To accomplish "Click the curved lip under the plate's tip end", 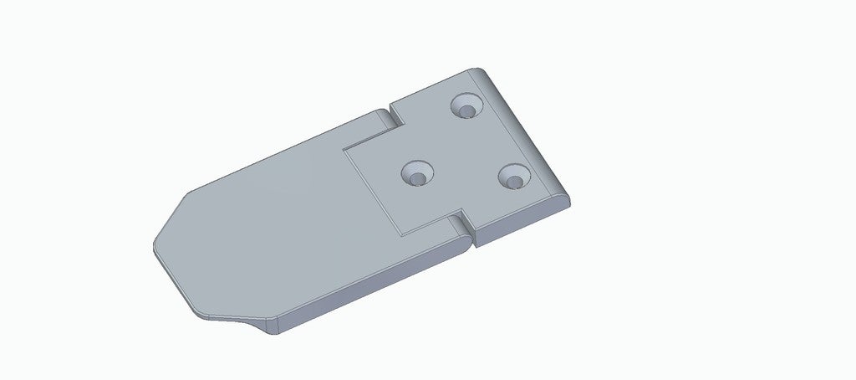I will pyautogui.click(x=226, y=317).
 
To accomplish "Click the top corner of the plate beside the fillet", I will pyautogui.click(x=473, y=70).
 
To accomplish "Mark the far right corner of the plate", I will pyautogui.click(x=569, y=198).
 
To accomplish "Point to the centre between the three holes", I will pyautogui.click(x=465, y=152).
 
